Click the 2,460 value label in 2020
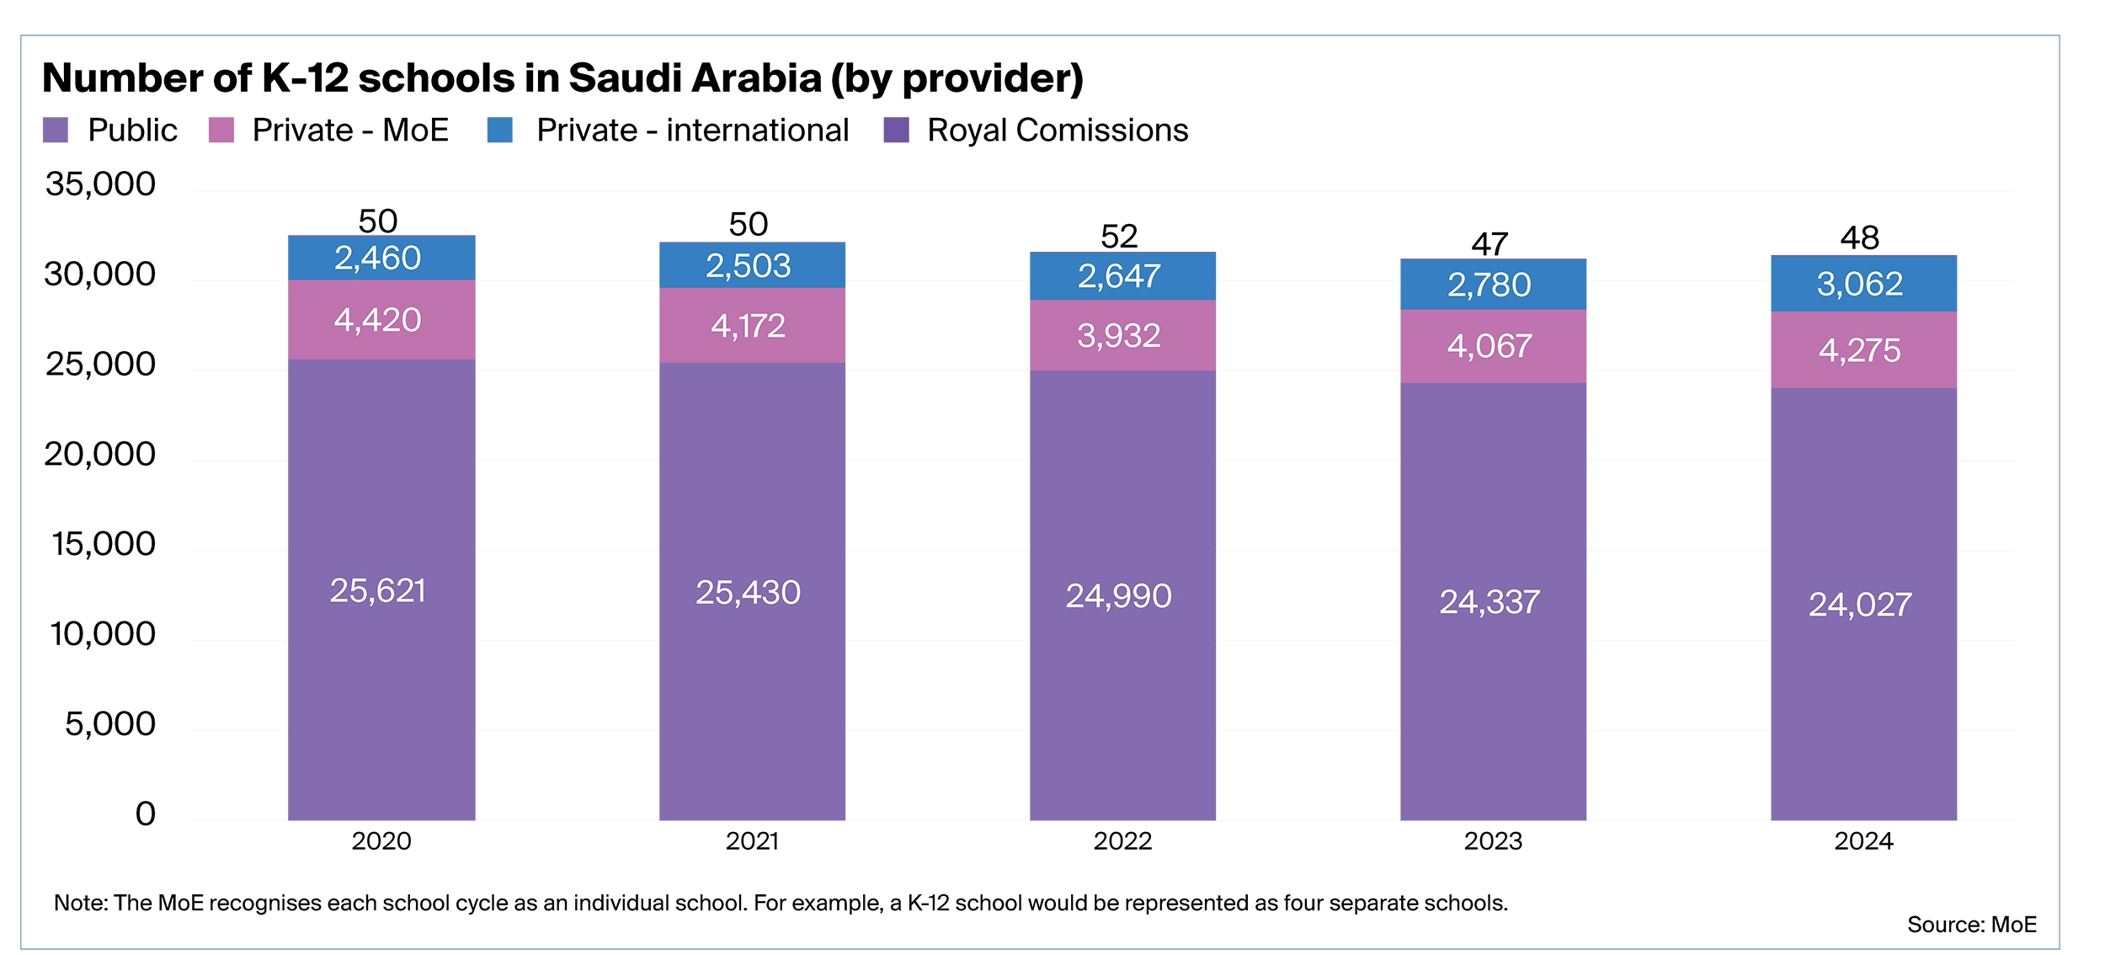[x=377, y=258]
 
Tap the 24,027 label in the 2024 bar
[x=1859, y=604]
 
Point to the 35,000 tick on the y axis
[x=100, y=184]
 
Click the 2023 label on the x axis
[x=1492, y=840]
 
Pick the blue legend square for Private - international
[x=499, y=131]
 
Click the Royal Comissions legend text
[x=1057, y=131]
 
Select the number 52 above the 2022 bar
[x=1118, y=236]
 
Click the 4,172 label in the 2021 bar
[x=748, y=326]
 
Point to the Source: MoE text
[x=1971, y=925]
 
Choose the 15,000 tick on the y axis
[x=104, y=544]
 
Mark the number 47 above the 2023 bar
[x=1489, y=243]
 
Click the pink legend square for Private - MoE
[x=221, y=131]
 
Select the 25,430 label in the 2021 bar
[x=748, y=592]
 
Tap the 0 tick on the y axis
[x=145, y=814]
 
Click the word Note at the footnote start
[x=79, y=903]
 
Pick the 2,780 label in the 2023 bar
[x=1489, y=285]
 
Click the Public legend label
[x=132, y=131]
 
